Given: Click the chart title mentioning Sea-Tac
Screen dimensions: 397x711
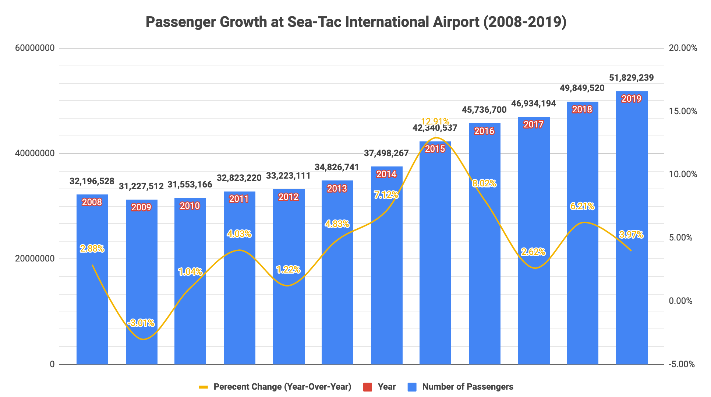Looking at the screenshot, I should point(355,22).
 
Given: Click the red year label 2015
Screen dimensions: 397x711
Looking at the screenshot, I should point(435,149).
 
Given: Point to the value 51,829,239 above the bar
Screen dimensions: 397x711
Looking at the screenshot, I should point(632,78).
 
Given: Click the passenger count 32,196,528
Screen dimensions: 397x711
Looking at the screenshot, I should point(92,181).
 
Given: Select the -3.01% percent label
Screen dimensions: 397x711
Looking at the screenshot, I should point(141,323).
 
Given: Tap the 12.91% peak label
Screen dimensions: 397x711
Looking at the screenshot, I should point(435,121).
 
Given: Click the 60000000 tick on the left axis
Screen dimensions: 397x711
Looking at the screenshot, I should point(35,48).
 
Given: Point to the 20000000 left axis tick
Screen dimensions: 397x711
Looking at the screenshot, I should point(35,259).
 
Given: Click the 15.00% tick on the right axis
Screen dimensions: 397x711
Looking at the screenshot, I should point(683,111).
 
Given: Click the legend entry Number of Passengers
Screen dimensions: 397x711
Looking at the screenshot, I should point(467,387).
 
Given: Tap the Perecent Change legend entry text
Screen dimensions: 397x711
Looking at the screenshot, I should point(282,387).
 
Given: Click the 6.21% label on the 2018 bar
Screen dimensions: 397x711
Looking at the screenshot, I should point(582,206).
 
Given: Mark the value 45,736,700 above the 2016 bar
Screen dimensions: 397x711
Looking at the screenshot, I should point(484,110).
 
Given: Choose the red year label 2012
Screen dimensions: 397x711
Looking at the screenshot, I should point(289,197).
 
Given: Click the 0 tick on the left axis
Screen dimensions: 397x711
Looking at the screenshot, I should point(52,364).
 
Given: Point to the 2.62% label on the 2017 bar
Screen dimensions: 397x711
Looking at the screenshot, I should point(533,252).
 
